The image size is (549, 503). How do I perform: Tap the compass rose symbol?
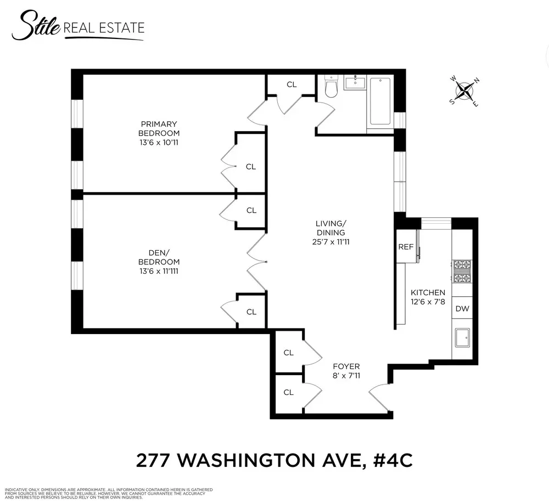pyautogui.click(x=465, y=91)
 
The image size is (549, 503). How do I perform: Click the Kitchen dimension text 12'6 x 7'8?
pyautogui.click(x=428, y=302)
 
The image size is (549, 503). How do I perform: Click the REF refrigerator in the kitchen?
pyautogui.click(x=406, y=247)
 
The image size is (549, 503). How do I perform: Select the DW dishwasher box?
pyautogui.click(x=462, y=309)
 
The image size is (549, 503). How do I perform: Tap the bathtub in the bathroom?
pyautogui.click(x=380, y=101)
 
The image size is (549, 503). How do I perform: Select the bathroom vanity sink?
pyautogui.click(x=355, y=83)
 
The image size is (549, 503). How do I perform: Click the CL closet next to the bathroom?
pyautogui.click(x=292, y=84)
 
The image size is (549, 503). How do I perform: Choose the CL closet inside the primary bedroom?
pyautogui.click(x=251, y=167)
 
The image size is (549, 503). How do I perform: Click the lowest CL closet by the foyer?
pyautogui.click(x=289, y=392)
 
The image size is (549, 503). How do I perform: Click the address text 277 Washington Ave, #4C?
pyautogui.click(x=274, y=460)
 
